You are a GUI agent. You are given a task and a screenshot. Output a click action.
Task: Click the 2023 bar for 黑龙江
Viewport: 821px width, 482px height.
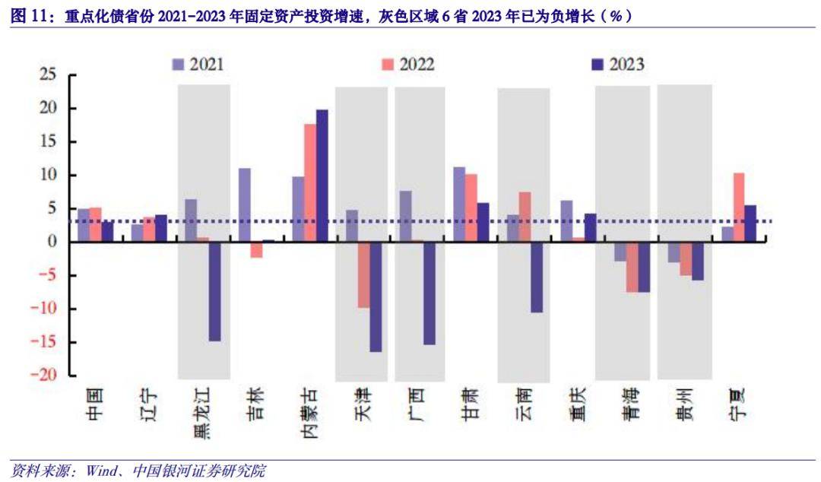click(215, 291)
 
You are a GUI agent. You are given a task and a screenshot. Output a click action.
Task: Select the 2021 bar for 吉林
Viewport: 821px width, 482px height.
click(245, 205)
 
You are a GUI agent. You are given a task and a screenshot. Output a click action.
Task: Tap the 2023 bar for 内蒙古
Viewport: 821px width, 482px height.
click(322, 176)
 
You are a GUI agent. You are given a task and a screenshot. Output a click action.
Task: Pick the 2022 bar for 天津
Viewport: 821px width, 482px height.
click(363, 274)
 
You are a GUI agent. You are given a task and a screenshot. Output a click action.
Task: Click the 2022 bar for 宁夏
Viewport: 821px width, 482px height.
click(739, 207)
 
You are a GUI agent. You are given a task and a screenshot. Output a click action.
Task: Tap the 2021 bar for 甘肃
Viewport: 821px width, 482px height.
click(459, 204)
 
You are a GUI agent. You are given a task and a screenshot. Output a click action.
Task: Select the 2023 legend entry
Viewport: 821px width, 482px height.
click(617, 65)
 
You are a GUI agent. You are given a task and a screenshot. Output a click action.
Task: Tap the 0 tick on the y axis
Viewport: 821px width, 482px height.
click(52, 242)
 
